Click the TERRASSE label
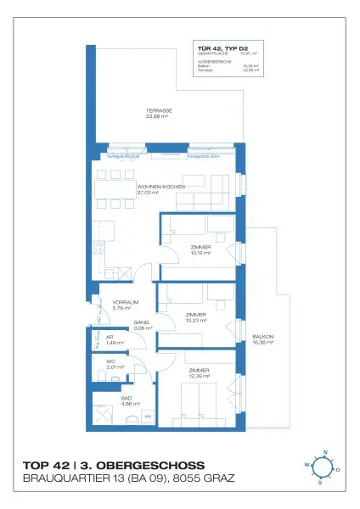(x=159, y=112)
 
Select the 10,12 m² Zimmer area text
(x=201, y=253)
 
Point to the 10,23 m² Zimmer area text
(x=196, y=320)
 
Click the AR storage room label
(x=110, y=337)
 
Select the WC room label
(x=110, y=362)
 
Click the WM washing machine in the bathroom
(x=147, y=416)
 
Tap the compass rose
(x=320, y=467)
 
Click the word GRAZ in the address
(x=215, y=480)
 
